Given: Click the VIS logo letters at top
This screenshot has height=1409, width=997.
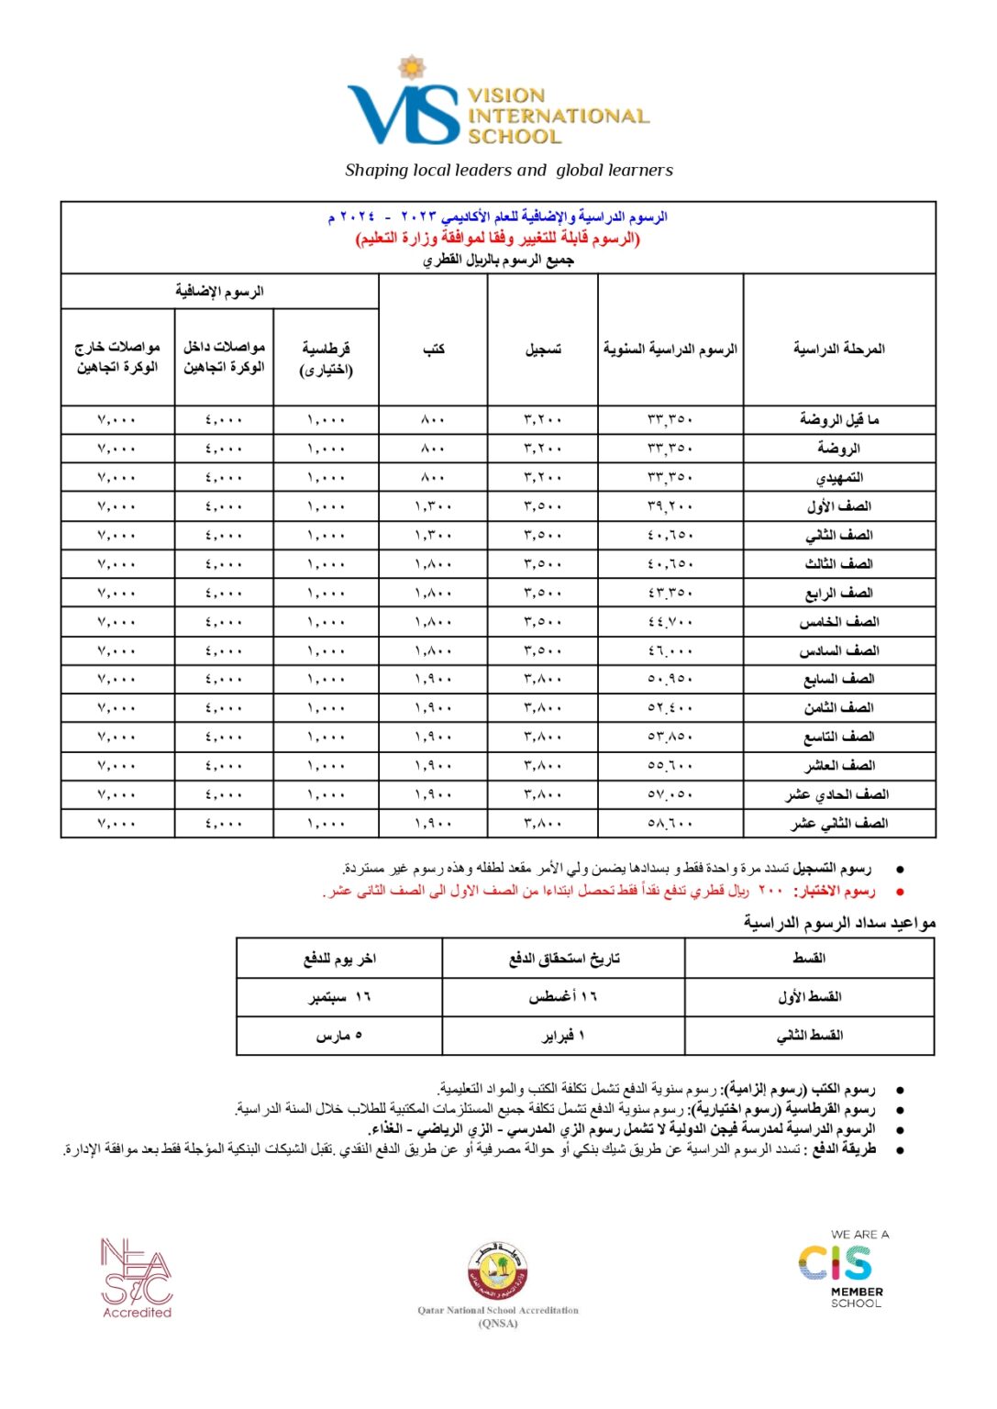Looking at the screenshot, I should click(404, 115).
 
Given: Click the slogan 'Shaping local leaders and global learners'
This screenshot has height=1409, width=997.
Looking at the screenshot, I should click(508, 171).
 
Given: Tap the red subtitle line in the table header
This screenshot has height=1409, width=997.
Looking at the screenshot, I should click(498, 239).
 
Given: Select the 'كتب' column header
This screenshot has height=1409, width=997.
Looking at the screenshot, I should click(433, 349).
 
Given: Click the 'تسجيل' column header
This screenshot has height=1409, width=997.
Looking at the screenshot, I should click(543, 349).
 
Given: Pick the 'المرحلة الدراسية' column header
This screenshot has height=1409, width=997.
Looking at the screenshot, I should click(838, 349).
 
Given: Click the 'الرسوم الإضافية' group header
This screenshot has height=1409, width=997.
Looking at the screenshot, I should click(220, 292).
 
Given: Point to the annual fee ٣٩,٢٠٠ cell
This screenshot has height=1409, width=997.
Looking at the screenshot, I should click(670, 506).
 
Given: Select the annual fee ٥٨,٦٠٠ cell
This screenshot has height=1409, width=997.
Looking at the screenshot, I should click(670, 824).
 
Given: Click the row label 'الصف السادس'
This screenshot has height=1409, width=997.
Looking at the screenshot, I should click(838, 651).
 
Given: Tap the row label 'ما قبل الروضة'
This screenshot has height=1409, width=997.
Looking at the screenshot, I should click(838, 420).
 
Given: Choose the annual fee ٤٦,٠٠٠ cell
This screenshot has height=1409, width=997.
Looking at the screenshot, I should click(670, 651).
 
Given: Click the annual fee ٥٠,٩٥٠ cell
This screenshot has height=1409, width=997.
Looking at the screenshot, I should click(670, 680).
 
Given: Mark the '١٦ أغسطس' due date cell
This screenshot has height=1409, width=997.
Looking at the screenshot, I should click(562, 997).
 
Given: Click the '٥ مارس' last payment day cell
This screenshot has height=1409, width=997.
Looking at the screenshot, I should click(339, 1036).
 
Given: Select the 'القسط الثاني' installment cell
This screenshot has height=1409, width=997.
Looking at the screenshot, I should click(809, 1036).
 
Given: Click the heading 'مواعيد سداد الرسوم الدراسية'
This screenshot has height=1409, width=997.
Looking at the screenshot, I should click(838, 923).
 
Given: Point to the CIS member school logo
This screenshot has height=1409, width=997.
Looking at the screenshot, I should click(842, 1269).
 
